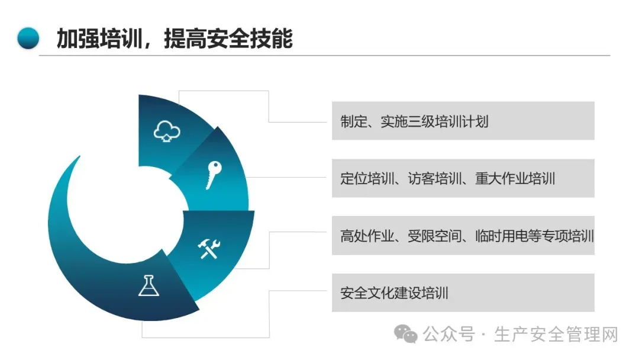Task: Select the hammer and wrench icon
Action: click(x=209, y=249)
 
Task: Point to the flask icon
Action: click(x=149, y=285)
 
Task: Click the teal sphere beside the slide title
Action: click(x=28, y=38)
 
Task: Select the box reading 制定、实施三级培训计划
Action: click(x=463, y=121)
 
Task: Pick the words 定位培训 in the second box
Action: click(x=367, y=178)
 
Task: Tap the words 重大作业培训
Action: click(x=515, y=178)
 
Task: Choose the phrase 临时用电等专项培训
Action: click(x=532, y=236)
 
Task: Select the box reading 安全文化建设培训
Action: click(x=463, y=292)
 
